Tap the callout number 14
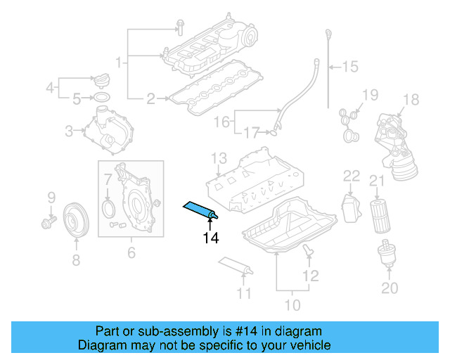(211, 238)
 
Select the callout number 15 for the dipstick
(349, 67)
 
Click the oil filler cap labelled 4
(103, 78)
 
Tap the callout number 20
(390, 288)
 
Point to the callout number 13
(219, 157)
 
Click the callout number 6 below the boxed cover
(131, 252)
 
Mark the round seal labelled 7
(108, 209)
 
